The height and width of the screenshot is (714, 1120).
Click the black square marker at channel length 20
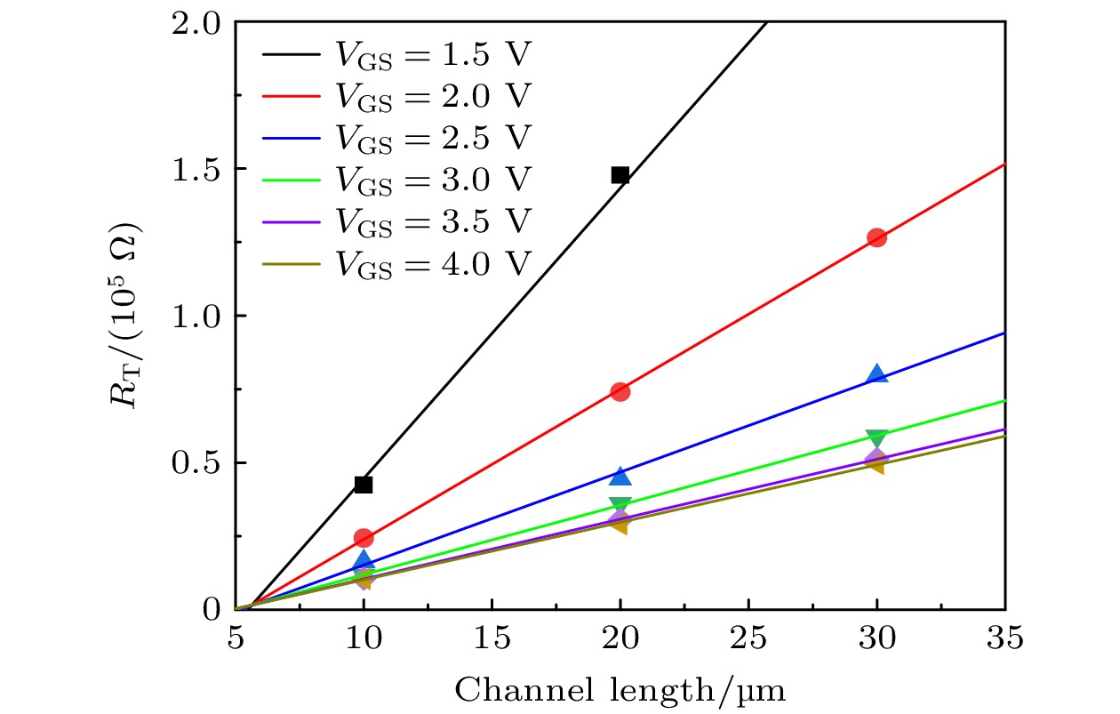point(620,174)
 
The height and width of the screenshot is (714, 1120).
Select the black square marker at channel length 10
point(363,485)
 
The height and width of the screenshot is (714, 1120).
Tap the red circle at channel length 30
point(876,237)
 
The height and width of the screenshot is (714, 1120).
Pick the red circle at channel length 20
point(620,391)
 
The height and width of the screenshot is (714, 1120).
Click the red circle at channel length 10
point(363,537)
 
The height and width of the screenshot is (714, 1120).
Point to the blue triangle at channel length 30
point(876,374)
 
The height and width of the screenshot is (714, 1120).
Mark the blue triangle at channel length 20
point(620,477)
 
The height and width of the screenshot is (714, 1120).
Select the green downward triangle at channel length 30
point(876,438)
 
